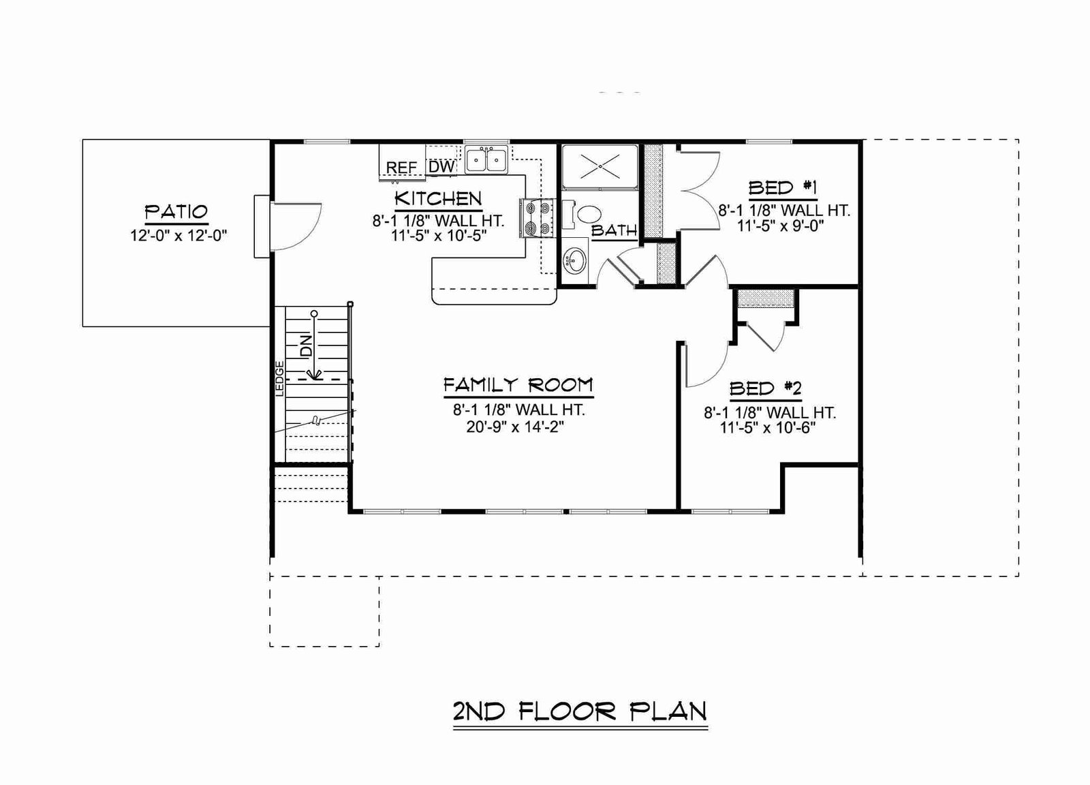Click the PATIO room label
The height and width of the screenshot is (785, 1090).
pos(176,212)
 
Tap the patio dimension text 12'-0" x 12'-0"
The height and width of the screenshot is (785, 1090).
pos(178,236)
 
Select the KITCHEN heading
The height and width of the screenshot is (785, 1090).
pos(438,198)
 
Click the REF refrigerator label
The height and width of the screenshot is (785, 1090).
pos(401,168)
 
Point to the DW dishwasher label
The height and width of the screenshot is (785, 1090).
pos(442,167)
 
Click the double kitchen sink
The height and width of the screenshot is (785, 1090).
pos(486,159)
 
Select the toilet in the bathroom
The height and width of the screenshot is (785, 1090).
pos(582,215)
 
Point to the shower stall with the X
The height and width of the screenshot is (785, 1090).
pos(600,166)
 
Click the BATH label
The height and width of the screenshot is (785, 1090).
pos(614,230)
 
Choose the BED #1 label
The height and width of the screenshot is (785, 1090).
pos(783,188)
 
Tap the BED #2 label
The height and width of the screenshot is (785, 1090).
pos(765,389)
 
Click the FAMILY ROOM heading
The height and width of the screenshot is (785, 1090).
pos(518,386)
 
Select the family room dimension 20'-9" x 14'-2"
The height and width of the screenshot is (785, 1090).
pos(515,427)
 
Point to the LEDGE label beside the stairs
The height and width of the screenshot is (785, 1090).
pos(279,379)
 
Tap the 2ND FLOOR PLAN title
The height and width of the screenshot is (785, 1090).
pos(580,711)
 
